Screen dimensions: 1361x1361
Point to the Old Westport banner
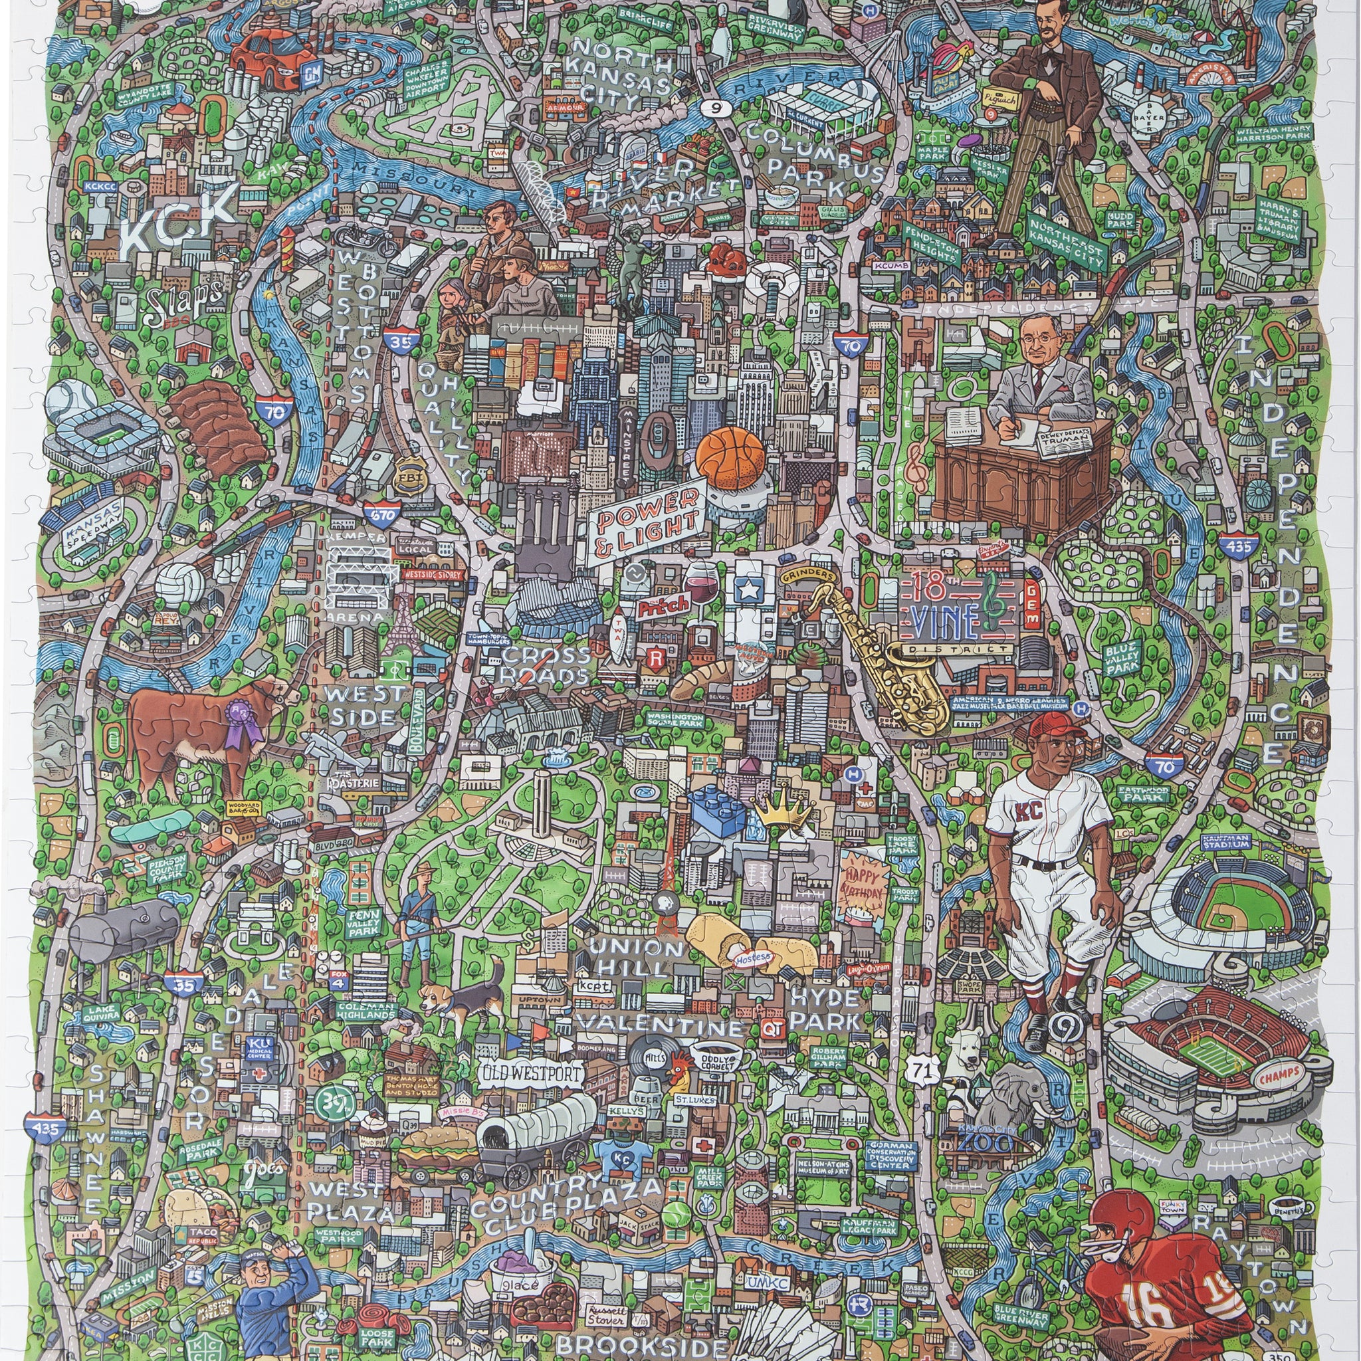[x=532, y=1073]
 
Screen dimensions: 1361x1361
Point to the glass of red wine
[x=697, y=583]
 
